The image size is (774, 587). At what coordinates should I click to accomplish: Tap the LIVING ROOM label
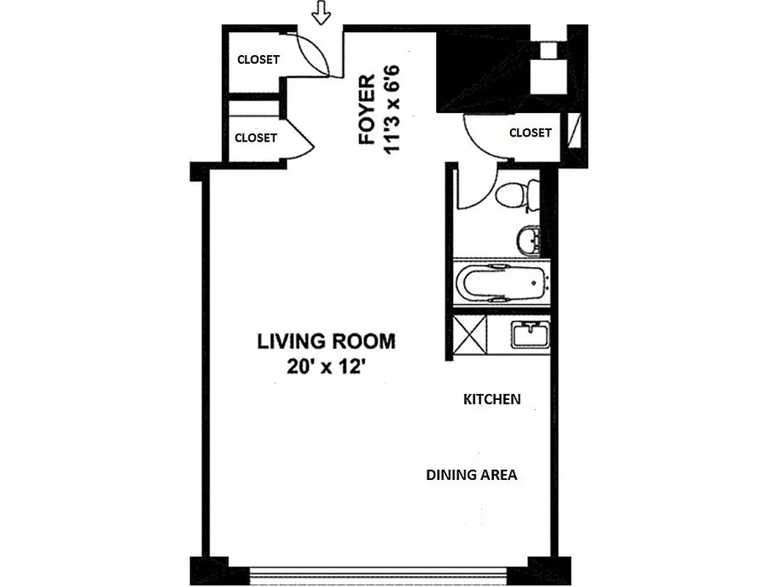tap(325, 341)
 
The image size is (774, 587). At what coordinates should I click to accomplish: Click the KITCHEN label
tap(492, 399)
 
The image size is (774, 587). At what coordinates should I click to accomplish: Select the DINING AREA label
tap(471, 475)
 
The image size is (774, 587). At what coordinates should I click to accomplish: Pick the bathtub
tap(501, 284)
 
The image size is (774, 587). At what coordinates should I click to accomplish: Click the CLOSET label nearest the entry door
tap(258, 59)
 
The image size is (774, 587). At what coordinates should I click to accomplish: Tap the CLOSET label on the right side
tap(530, 133)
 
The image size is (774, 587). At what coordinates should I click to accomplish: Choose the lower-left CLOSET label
tap(256, 137)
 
